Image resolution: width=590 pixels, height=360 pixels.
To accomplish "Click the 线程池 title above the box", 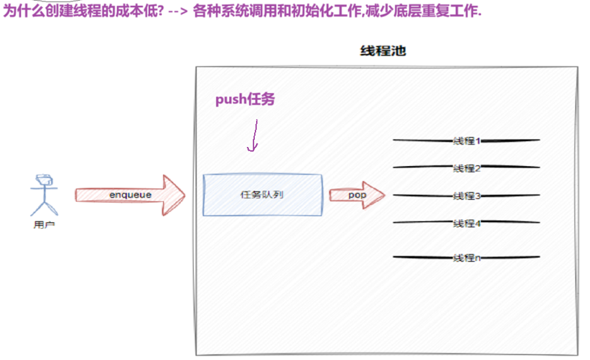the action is tap(383, 51).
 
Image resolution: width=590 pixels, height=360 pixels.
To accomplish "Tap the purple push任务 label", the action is tap(245, 99).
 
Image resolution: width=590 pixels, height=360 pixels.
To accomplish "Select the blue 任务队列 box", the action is tap(263, 194).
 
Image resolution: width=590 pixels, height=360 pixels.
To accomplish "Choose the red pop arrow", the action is tap(356, 195).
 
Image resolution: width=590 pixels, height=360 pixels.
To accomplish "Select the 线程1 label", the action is tap(467, 141).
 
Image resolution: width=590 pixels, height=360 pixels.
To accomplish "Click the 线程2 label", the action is tap(467, 168).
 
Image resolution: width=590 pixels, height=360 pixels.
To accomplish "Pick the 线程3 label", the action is tap(467, 196).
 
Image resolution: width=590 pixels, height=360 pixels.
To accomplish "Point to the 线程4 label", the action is tap(467, 223).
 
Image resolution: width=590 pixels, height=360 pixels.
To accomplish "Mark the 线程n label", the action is tap(467, 258).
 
